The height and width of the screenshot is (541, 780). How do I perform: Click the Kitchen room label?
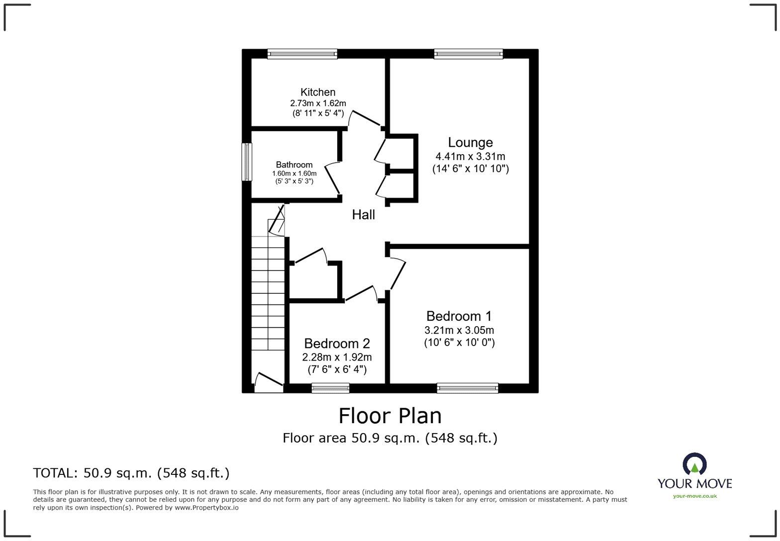tap(318, 92)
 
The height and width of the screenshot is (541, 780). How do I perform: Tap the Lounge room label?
tap(470, 143)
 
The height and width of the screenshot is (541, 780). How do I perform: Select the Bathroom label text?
tap(294, 165)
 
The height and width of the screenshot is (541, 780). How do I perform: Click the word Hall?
tap(363, 215)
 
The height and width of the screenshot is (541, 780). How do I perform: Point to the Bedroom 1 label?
tap(459, 316)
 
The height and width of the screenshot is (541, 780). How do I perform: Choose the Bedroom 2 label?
tap(337, 344)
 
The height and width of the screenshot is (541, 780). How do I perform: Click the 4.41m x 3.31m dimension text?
tap(470, 156)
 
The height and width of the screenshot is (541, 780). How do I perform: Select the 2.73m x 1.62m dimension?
tap(318, 103)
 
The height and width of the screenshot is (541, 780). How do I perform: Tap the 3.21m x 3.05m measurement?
tap(459, 330)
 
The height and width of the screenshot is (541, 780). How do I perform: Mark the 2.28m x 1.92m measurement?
tap(337, 357)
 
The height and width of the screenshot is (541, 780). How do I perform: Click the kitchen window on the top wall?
tap(302, 54)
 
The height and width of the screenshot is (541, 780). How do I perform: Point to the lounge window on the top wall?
tap(468, 54)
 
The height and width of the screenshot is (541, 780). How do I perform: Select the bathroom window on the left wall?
tap(247, 162)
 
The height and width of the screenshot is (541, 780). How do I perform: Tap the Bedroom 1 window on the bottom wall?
tap(467, 388)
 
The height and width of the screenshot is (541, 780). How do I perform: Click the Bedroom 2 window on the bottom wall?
tap(330, 388)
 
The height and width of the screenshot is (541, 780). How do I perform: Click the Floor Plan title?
tap(390, 416)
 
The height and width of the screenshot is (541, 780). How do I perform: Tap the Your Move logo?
tap(694, 475)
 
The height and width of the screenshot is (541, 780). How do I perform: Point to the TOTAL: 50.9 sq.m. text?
tap(131, 472)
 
